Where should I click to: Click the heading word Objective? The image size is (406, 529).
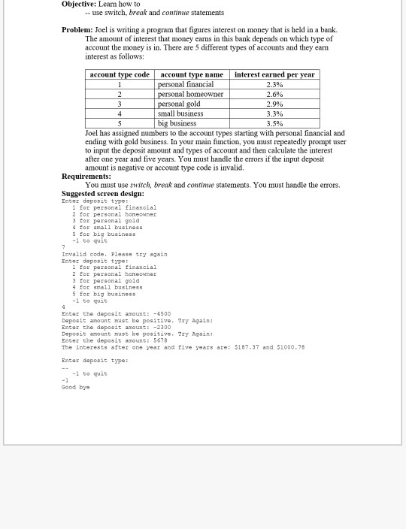click(x=79, y=5)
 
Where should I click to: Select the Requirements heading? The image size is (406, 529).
click(x=86, y=176)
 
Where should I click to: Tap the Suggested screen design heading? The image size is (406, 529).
click(x=102, y=193)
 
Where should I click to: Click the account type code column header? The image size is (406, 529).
click(x=120, y=74)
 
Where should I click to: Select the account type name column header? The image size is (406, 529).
click(x=192, y=74)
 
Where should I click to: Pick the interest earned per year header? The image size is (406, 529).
click(x=274, y=74)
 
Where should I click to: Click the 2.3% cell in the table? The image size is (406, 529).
click(x=274, y=84)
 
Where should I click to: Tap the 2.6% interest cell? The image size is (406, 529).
click(x=274, y=94)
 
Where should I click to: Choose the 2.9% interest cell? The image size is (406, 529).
click(x=274, y=104)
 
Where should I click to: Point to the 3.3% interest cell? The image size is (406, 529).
click(x=274, y=113)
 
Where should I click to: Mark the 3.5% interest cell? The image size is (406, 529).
click(x=274, y=123)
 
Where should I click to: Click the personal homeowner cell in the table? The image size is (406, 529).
click(x=190, y=94)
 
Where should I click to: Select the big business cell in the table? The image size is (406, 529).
click(x=177, y=123)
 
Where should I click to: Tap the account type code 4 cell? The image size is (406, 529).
click(x=120, y=113)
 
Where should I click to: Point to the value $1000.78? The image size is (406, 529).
click(x=290, y=347)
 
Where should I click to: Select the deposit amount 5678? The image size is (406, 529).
click(x=161, y=340)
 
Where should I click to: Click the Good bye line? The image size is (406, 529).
click(x=75, y=387)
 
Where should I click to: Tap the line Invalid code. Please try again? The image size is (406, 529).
click(x=114, y=254)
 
